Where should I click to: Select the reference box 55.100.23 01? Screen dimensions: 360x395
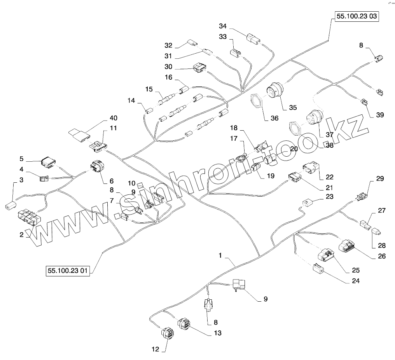(68, 271)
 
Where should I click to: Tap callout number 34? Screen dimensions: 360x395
(222, 26)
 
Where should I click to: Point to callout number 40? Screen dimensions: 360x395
(114, 118)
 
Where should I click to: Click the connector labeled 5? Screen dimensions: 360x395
(49, 162)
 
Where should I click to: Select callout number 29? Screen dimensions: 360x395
(379, 179)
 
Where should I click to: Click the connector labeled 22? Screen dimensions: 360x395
(312, 168)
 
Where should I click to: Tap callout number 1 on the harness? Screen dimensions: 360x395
(220, 255)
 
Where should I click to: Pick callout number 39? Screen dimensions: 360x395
(379, 115)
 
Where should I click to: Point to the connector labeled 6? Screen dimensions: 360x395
(97, 167)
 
